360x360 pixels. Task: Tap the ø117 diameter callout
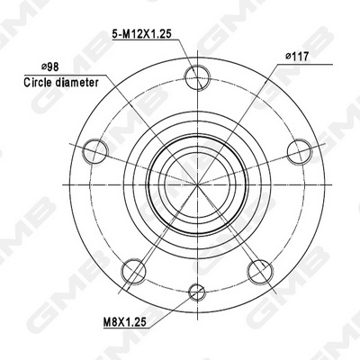tap(298, 57)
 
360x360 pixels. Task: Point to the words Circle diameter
tap(60, 81)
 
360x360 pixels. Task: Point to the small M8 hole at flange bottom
tap(197, 290)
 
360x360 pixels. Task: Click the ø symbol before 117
tap(288, 57)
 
